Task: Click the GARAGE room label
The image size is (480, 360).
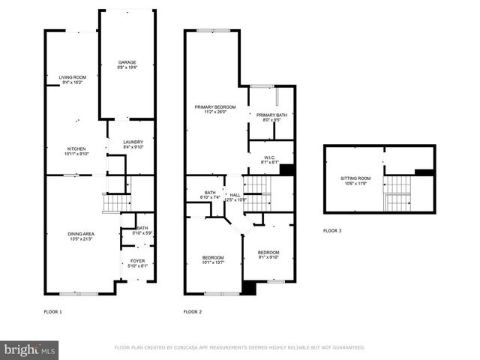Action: coord(127,61)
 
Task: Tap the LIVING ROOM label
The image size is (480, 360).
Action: coord(73,76)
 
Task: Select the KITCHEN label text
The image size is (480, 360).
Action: coord(78,148)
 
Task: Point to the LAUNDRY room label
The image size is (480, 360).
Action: coord(133,142)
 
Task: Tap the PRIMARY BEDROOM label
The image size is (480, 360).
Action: coord(215,107)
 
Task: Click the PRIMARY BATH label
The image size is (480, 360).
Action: coord(271,114)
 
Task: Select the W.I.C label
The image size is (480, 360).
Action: coord(270,157)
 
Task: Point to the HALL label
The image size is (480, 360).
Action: coord(235,194)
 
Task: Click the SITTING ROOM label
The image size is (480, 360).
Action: coord(355,178)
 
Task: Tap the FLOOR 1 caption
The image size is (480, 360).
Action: coord(52,311)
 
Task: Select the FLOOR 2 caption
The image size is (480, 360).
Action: coord(193,311)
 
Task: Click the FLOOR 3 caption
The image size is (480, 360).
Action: coord(332,230)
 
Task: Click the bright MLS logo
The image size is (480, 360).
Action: coord(30,349)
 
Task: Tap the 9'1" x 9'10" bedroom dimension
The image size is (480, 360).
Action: coord(268,257)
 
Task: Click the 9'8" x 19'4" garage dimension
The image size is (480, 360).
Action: coord(127,67)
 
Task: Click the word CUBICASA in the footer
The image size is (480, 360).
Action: coord(190,347)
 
